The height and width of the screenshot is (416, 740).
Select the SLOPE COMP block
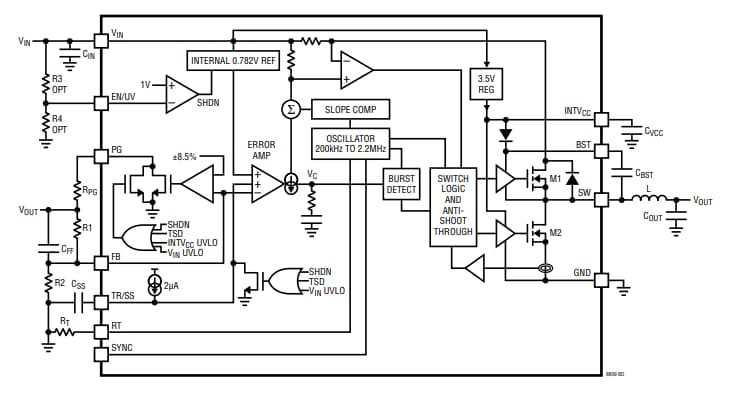tap(349, 108)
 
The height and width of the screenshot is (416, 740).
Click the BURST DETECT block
tap(400, 184)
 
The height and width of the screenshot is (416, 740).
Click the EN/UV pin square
tap(101, 101)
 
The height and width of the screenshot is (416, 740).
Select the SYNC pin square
tap(101, 354)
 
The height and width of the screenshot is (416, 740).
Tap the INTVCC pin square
tap(601, 119)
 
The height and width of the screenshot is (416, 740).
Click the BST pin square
tap(601, 151)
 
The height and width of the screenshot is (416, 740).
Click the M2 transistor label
tap(555, 233)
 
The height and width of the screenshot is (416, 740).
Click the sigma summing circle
tap(291, 108)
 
